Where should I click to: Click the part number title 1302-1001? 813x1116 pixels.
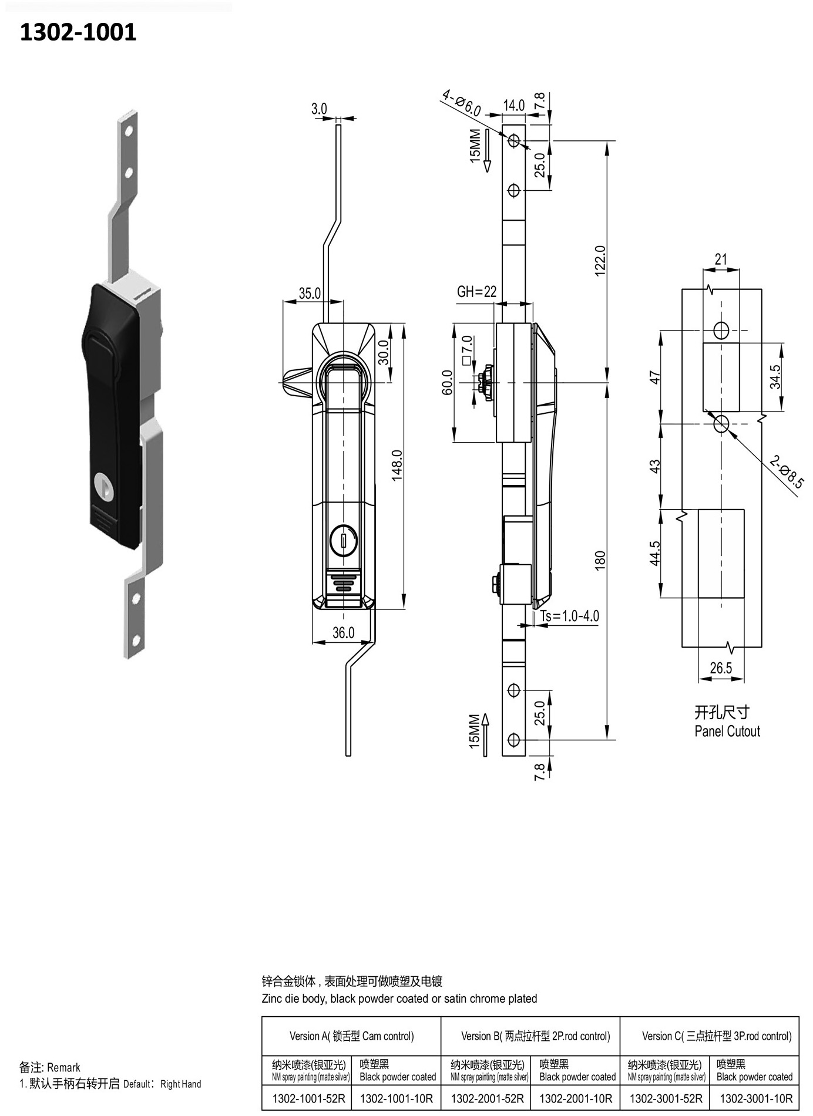[78, 32]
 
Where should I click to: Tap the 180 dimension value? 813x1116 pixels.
[600, 561]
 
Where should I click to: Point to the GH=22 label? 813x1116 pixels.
[476, 292]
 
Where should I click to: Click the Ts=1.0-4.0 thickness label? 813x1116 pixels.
[570, 616]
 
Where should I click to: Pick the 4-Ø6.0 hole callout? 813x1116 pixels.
[462, 103]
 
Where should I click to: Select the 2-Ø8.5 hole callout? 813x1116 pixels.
[787, 473]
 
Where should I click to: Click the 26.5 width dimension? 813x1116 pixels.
[721, 668]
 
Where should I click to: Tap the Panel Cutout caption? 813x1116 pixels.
[727, 731]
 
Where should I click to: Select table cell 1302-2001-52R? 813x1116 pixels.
[487, 1098]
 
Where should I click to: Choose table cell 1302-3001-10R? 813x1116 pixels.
[755, 1098]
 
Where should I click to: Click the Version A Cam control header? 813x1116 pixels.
[351, 1036]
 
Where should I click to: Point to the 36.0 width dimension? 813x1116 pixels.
[343, 632]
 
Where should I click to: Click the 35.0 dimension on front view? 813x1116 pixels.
[310, 293]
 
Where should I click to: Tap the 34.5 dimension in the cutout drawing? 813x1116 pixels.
[775, 377]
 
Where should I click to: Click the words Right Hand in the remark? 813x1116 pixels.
[181, 1084]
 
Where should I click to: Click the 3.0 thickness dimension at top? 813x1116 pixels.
[319, 109]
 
